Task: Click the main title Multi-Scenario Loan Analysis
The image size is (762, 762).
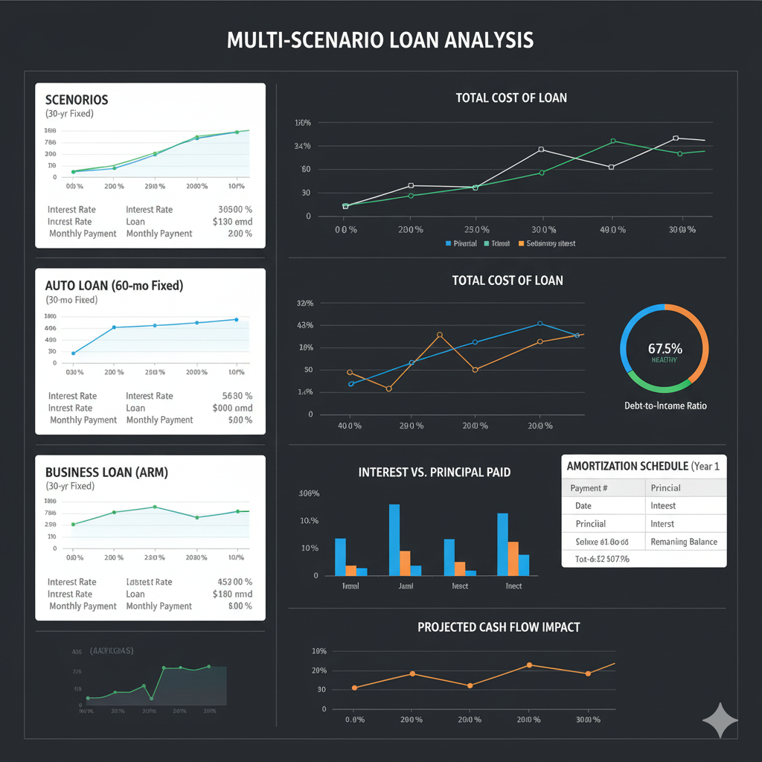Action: click(x=380, y=40)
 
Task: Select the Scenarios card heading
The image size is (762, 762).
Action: click(x=77, y=100)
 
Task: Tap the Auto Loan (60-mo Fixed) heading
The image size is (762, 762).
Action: click(x=114, y=285)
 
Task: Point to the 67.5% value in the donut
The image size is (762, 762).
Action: click(x=665, y=348)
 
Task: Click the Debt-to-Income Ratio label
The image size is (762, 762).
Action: click(x=665, y=406)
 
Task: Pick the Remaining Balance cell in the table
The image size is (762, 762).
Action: click(x=684, y=542)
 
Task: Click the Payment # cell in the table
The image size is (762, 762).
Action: click(x=589, y=488)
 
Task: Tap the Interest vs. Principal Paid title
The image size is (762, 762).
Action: click(x=435, y=473)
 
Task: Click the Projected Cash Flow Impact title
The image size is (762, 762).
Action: click(x=499, y=627)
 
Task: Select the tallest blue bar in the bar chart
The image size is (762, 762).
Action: click(x=394, y=540)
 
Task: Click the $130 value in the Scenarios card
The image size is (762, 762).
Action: click(x=232, y=222)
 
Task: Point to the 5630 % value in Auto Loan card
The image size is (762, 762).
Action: click(x=237, y=396)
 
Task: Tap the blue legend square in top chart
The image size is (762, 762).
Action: click(x=448, y=243)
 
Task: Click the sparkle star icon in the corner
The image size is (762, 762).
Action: click(x=720, y=720)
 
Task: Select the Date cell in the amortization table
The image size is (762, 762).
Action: click(x=583, y=505)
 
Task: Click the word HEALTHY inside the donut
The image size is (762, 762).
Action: click(x=664, y=360)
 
